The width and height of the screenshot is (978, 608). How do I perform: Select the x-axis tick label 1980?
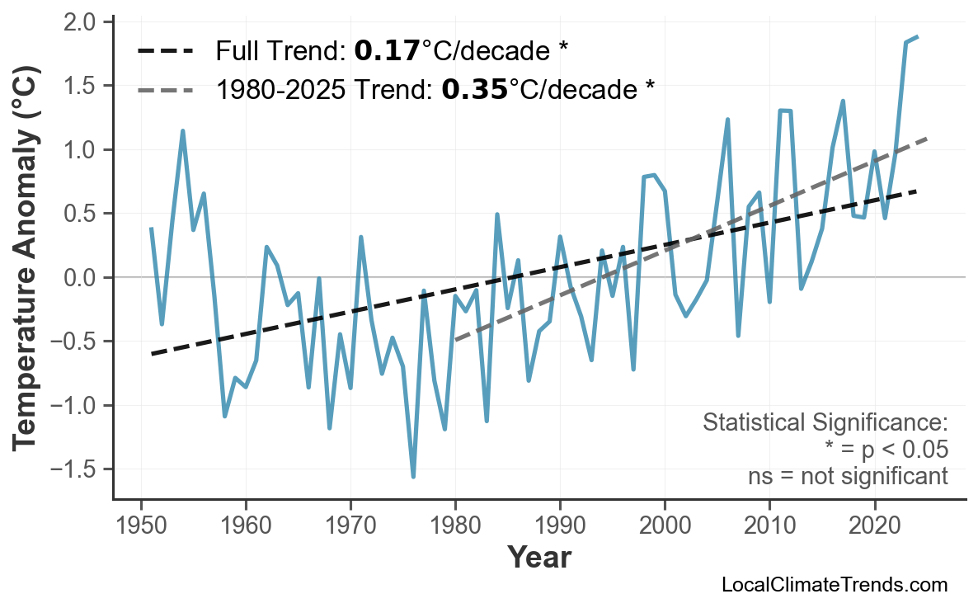[x=455, y=525]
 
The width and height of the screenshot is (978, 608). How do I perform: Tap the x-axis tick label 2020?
[x=874, y=525]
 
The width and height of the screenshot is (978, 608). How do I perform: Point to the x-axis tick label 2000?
[x=665, y=525]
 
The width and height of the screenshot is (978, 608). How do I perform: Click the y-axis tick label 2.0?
[x=82, y=21]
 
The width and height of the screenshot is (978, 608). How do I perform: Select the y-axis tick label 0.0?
[x=82, y=278]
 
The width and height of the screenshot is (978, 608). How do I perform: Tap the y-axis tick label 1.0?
[x=82, y=150]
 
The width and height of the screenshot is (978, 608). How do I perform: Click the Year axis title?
[x=538, y=559]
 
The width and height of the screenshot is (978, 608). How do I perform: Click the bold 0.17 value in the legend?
[x=386, y=52]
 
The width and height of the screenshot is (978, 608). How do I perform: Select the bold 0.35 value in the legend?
[x=473, y=89]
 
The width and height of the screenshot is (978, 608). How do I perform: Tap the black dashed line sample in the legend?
[x=165, y=52]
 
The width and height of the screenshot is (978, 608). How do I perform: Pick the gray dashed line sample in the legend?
[x=165, y=89]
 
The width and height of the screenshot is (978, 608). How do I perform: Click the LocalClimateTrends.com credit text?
[x=834, y=585]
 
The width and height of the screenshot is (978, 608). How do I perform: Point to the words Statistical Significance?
[x=825, y=423]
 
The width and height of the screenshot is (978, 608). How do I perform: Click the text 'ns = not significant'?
[x=848, y=477]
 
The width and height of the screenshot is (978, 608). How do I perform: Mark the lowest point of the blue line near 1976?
[x=413, y=476]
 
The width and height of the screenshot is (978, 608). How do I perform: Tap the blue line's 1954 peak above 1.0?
[x=182, y=131]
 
